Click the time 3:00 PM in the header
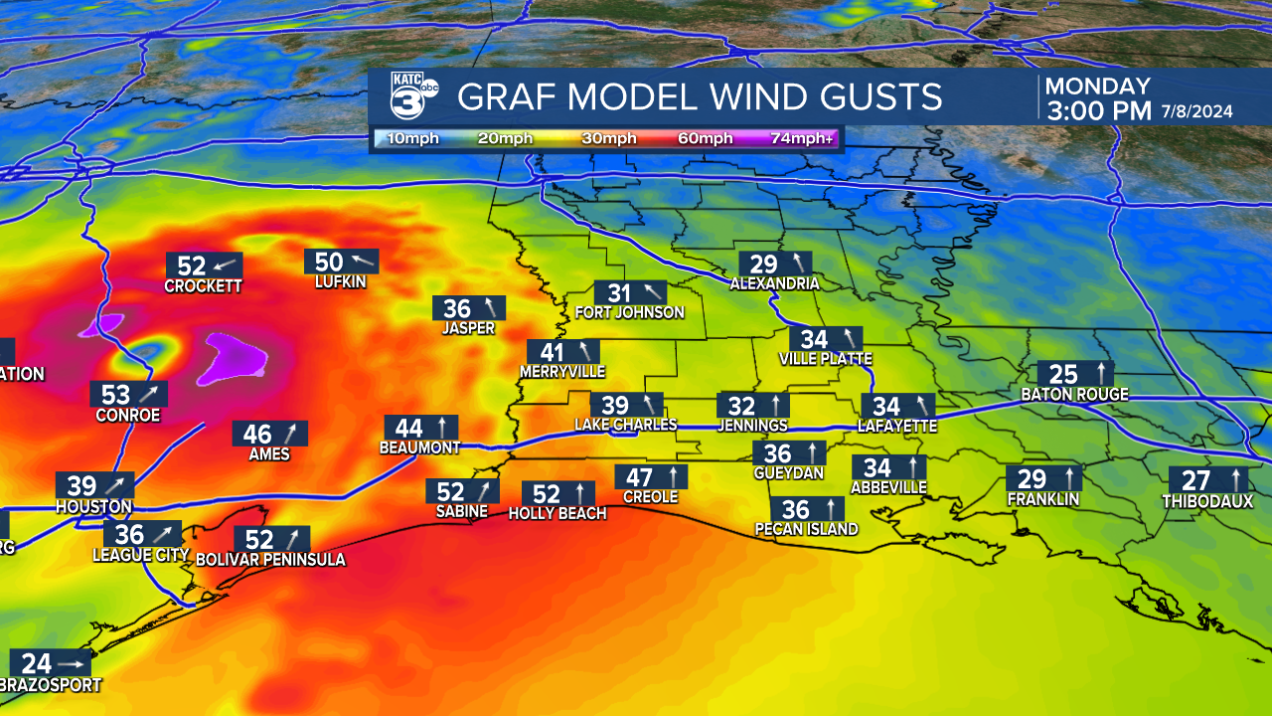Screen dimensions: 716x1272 coord(1097,109)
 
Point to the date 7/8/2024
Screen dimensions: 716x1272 coord(1196,111)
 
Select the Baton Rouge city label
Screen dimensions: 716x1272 coord(1074,395)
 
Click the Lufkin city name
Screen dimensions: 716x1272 coord(341,282)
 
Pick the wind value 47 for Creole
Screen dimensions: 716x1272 coord(640,476)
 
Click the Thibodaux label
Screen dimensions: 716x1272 coord(1207,502)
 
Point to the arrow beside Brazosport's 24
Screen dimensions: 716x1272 coord(71,663)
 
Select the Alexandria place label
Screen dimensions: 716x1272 coord(774,283)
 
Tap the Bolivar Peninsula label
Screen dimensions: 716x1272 coord(270,560)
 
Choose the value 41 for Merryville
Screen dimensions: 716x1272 coord(552,352)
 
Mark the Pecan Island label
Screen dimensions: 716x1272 coord(806,529)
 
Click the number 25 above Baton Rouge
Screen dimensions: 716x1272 coord(1063,374)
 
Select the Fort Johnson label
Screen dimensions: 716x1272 coord(630,312)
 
